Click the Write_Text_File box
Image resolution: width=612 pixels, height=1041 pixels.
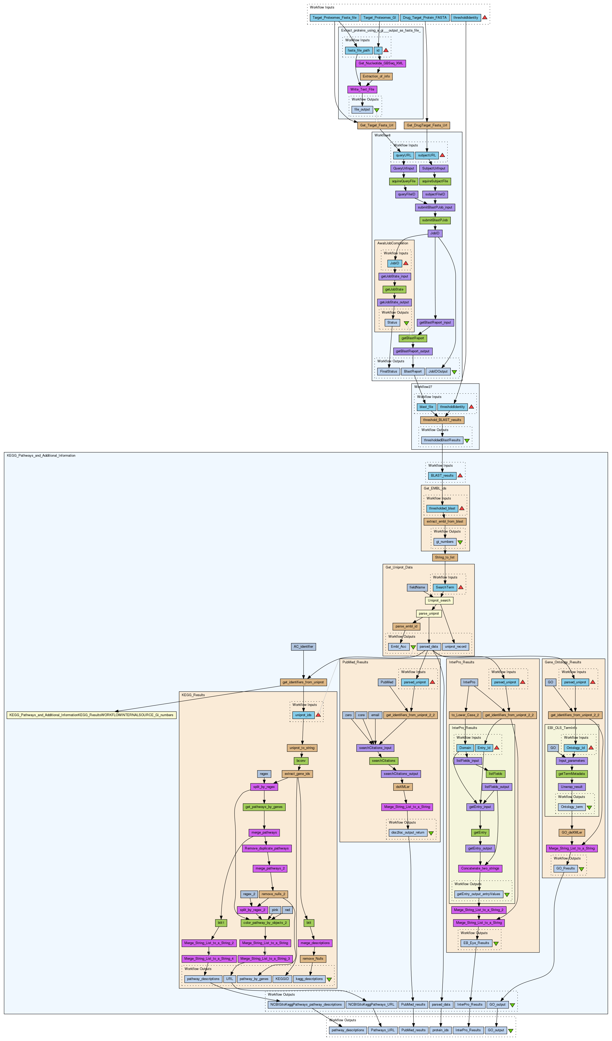pyautogui.click(x=362, y=89)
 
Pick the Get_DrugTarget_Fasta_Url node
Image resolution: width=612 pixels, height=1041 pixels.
pyautogui.click(x=427, y=125)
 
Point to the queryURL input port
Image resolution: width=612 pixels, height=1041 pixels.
pyautogui.click(x=403, y=155)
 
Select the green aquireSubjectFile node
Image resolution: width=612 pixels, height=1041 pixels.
pyautogui.click(x=435, y=181)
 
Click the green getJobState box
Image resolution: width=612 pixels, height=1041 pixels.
pyautogui.click(x=394, y=289)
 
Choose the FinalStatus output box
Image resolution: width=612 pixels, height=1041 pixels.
pyautogui.click(x=389, y=371)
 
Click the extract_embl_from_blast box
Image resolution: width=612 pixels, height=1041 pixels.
pyautogui.click(x=445, y=521)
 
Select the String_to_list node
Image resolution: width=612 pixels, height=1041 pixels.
pyautogui.click(x=445, y=557)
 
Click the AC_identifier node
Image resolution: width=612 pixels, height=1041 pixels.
pyautogui.click(x=304, y=646)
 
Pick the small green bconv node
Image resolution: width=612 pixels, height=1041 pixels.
pyautogui.click(x=301, y=760)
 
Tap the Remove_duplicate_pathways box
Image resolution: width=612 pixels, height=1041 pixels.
pyautogui.click(x=267, y=848)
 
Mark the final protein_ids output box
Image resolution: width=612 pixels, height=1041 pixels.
pyautogui.click(x=441, y=1030)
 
